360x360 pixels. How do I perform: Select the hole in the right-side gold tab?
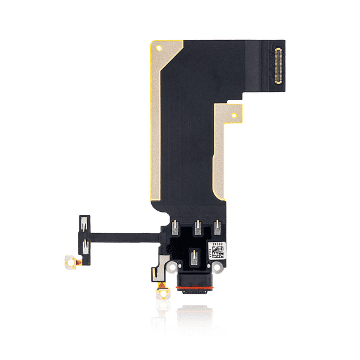pyautogui.click(x=234, y=116)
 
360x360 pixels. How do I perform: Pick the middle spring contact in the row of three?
pyautogui.click(x=197, y=227)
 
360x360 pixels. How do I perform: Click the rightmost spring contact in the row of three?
pyautogui.click(x=217, y=227)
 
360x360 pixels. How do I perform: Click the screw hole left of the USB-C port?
pyautogui.click(x=167, y=266)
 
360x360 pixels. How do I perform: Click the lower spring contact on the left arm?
pyautogui.click(x=83, y=244)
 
